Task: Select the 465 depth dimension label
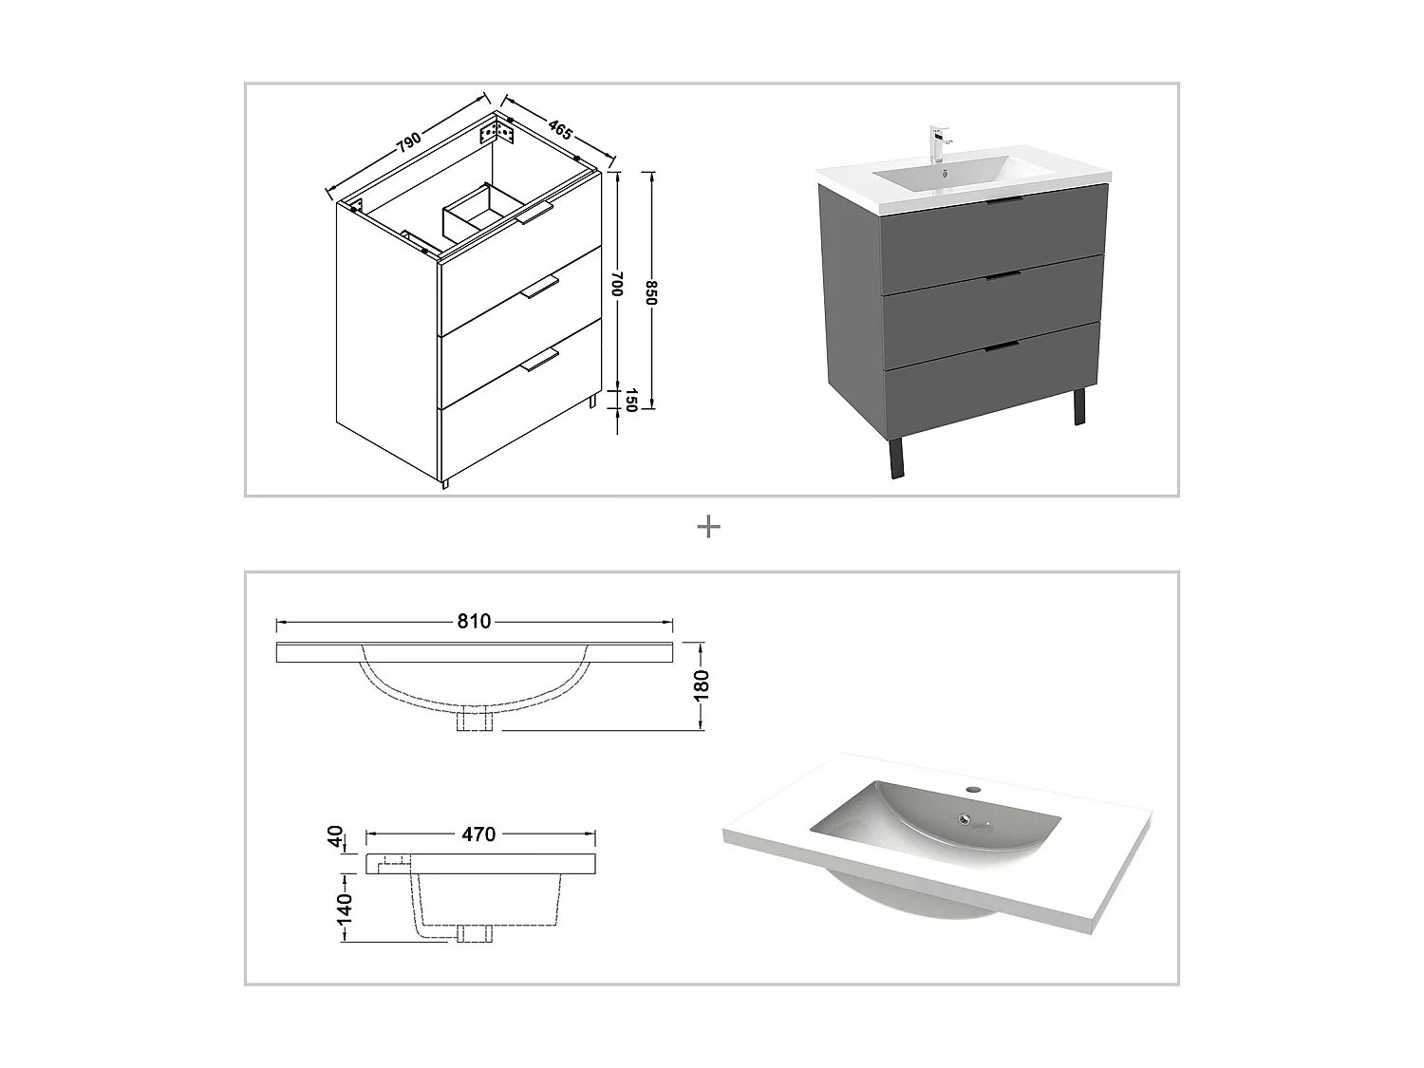[560, 130]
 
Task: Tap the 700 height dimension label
[616, 284]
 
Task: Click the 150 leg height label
[628, 401]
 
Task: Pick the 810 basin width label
[474, 622]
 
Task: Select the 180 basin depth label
[702, 685]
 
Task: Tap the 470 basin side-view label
[478, 834]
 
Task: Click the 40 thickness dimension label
[334, 836]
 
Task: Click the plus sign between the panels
[708, 527]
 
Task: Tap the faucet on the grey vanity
[937, 144]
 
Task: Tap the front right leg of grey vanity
[1078, 406]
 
